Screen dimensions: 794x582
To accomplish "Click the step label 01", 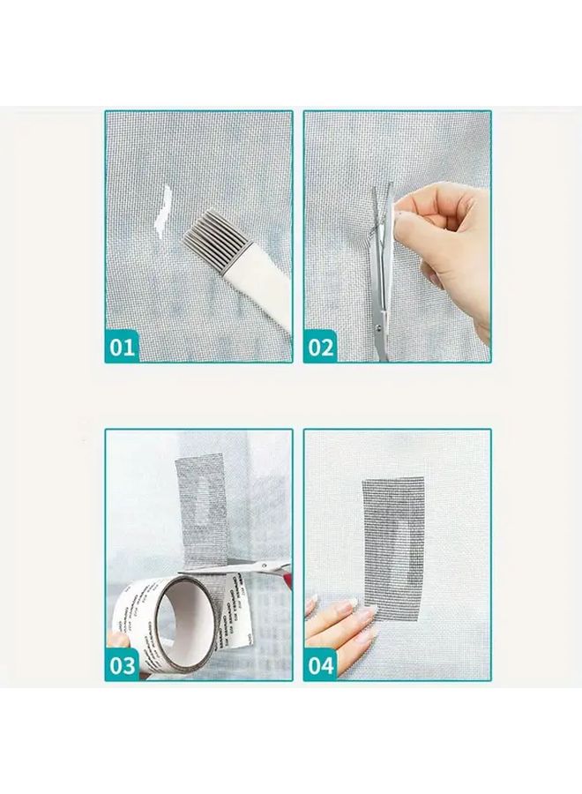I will (123, 347).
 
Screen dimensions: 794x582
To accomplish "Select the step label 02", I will (321, 347).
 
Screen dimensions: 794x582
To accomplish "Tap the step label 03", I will (123, 663).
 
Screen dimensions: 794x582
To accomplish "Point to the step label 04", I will (321, 663).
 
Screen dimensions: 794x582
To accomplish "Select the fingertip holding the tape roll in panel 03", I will (113, 640).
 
